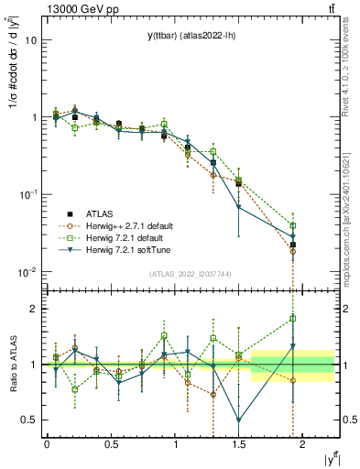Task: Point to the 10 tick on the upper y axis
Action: (x=31, y=40)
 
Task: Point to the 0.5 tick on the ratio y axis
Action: (x=29, y=420)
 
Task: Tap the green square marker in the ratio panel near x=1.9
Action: (x=293, y=319)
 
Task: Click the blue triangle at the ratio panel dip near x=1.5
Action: (x=239, y=420)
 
